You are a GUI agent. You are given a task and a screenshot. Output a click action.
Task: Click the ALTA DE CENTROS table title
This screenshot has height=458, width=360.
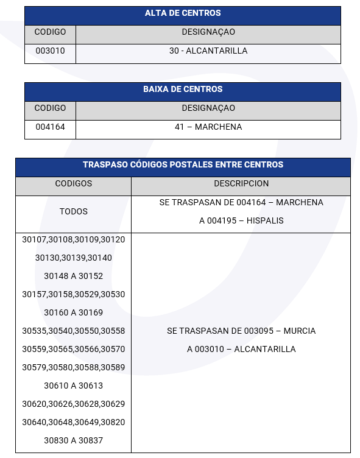pyautogui.click(x=183, y=13)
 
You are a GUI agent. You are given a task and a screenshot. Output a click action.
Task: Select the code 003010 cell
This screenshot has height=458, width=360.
pyautogui.click(x=50, y=51)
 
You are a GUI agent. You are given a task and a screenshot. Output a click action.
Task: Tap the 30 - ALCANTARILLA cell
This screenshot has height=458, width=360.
pyautogui.click(x=208, y=51)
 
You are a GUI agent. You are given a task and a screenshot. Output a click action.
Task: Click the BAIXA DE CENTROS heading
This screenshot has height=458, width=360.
pyautogui.click(x=183, y=90)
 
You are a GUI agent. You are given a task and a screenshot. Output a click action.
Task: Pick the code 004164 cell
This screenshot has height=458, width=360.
pyautogui.click(x=50, y=127)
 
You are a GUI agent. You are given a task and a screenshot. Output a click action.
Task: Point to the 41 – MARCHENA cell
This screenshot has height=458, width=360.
pyautogui.click(x=208, y=127)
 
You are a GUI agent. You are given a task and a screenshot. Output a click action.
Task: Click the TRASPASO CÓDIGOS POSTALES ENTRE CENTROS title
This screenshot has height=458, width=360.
pyautogui.click(x=183, y=165)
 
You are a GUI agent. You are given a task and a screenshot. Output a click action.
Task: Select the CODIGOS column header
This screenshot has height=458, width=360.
pyautogui.click(x=73, y=183)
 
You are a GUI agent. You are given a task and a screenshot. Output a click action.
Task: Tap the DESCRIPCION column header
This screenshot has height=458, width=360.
pyautogui.click(x=241, y=183)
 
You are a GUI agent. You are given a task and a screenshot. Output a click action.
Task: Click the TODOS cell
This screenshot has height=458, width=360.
pyautogui.click(x=73, y=212)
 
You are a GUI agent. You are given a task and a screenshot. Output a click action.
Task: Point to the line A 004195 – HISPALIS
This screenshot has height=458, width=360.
pyautogui.click(x=241, y=220)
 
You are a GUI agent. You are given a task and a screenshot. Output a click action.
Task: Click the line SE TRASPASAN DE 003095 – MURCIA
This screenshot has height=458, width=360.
pyautogui.click(x=241, y=331)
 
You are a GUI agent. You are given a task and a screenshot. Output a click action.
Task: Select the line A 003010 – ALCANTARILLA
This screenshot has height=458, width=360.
pyautogui.click(x=241, y=350)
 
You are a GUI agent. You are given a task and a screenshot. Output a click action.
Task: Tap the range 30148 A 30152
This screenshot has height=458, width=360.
pyautogui.click(x=73, y=277)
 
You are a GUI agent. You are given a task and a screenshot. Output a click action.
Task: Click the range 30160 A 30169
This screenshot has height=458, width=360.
pyautogui.click(x=73, y=313)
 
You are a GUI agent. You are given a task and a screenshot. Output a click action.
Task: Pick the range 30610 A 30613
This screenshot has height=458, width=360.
pyautogui.click(x=73, y=386)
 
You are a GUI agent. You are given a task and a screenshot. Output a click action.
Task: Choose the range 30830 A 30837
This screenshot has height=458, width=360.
pyautogui.click(x=73, y=441)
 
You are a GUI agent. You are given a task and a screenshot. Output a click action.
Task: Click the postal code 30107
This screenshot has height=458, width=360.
pyautogui.click(x=34, y=240)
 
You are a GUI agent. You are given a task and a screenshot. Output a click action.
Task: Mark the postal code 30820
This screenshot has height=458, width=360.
pyautogui.click(x=113, y=423)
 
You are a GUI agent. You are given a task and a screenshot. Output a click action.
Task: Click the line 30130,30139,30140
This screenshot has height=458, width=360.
pyautogui.click(x=73, y=258)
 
